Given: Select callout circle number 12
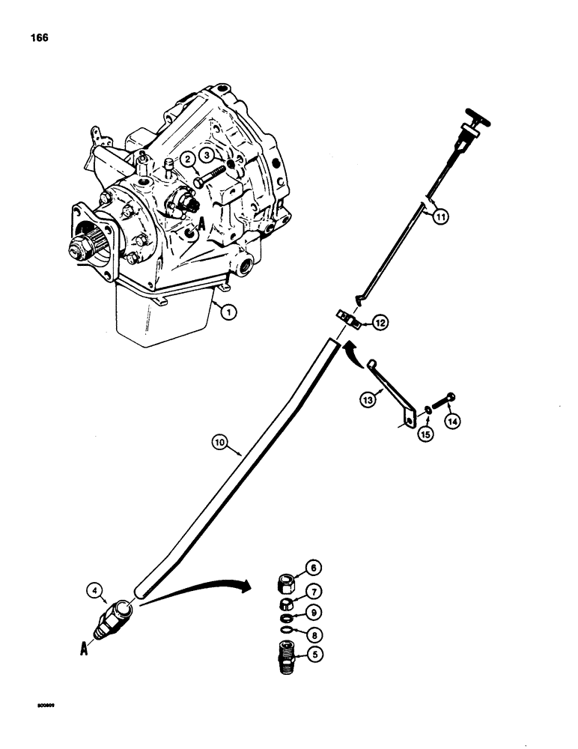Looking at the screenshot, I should [380, 323].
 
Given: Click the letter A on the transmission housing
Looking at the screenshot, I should [180, 223].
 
